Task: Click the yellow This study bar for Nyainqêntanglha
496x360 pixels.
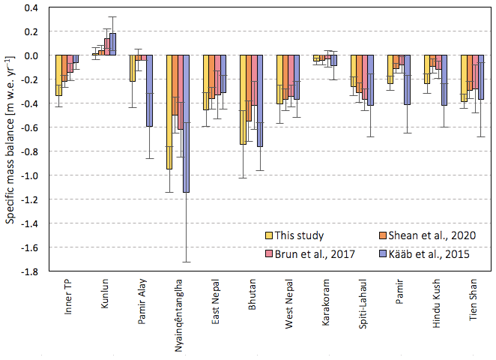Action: (x=169, y=112)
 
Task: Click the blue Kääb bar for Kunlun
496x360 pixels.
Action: (x=113, y=44)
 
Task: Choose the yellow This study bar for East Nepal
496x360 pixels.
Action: (x=206, y=82)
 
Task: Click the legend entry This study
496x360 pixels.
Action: (x=300, y=235)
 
